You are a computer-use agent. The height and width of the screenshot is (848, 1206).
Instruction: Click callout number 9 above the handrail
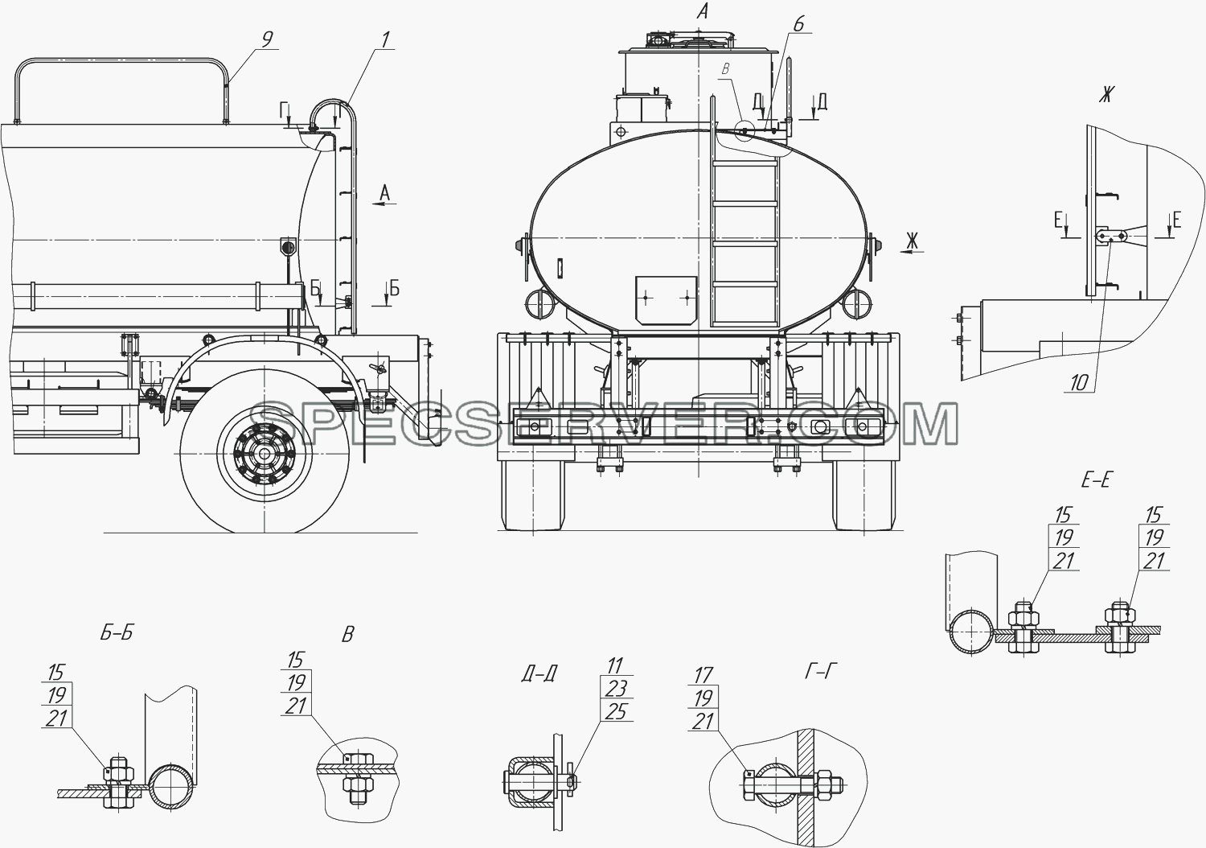[x=266, y=39]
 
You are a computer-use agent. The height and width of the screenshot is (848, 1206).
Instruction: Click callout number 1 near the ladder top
[x=385, y=40]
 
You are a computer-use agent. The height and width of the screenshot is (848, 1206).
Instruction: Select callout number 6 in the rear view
[x=798, y=23]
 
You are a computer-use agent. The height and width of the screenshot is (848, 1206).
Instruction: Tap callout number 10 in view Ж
[x=1079, y=383]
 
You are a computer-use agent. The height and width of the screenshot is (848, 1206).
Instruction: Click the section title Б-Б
[x=117, y=632]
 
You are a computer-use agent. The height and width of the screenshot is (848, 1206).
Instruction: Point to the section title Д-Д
[x=539, y=673]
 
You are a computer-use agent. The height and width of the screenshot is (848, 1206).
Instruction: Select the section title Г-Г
[x=821, y=671]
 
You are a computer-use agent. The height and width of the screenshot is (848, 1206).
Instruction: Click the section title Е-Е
[x=1097, y=480]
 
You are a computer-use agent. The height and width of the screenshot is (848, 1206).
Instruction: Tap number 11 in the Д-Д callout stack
[x=615, y=666]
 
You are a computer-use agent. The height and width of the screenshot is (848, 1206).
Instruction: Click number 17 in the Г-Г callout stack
[x=703, y=675]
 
